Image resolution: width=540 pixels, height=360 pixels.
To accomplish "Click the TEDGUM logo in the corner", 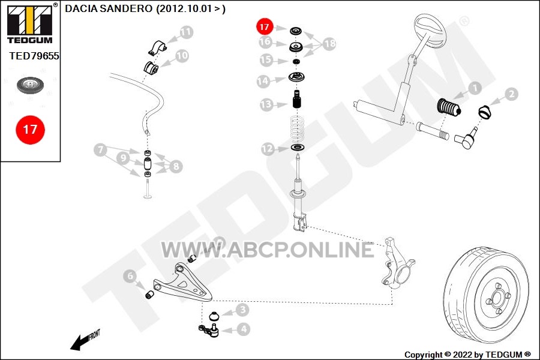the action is tap(30, 23).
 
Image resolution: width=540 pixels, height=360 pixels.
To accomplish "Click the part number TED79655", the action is tap(34, 56).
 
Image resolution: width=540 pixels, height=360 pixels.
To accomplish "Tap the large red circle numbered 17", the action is tap(31, 130).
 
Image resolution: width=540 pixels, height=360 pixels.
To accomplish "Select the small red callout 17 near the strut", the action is tap(265, 27).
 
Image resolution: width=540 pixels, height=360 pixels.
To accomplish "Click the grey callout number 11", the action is tap(185, 32).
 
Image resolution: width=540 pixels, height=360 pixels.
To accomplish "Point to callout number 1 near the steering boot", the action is tap(475, 88).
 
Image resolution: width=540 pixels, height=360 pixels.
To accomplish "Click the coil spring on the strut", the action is tap(297, 130).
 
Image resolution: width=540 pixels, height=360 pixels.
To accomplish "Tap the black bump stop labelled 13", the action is tap(297, 99).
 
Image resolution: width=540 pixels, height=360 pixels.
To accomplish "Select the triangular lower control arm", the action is tap(182, 283).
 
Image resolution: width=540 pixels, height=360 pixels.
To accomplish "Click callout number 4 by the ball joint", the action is tap(244, 329).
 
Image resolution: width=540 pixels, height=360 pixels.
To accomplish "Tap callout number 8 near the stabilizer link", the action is tap(176, 166).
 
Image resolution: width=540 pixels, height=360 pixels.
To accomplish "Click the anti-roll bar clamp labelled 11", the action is tap(157, 48).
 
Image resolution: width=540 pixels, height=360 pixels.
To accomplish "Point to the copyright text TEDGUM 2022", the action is tap(467, 355).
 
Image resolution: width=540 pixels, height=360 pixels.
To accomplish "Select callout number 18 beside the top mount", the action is tap(329, 43).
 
